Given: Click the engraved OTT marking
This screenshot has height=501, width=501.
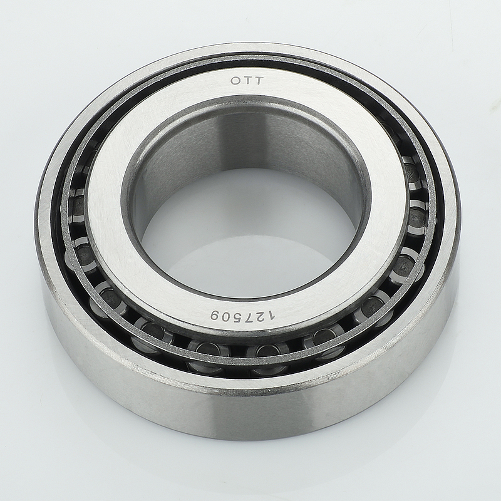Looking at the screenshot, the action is coord(247,81).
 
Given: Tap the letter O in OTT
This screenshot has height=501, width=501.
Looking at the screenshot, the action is coord(236,81).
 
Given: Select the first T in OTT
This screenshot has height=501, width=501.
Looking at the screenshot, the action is coord(247,81).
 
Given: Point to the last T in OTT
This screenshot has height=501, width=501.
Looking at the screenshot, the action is coord(259,81).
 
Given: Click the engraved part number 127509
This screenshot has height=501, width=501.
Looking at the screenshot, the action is coord(242,316).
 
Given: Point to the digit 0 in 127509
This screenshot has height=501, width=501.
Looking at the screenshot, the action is coord(228,316).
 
